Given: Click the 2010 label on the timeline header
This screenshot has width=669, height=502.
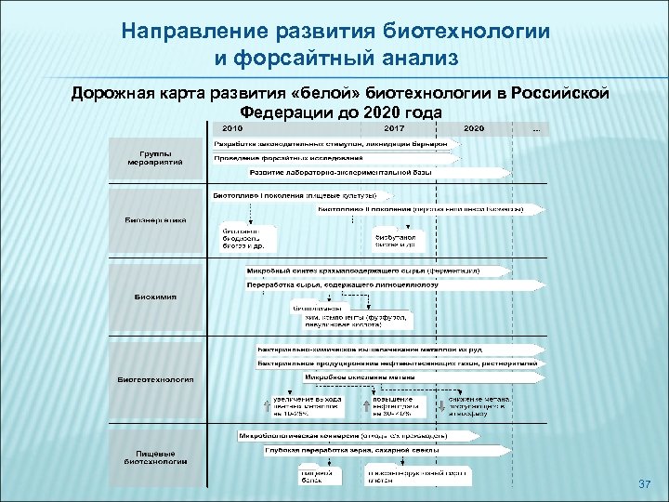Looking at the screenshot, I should pos(232,128).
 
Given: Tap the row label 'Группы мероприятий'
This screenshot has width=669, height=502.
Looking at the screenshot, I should pos(155,156).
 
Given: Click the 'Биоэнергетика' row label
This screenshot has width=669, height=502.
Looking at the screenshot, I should pos(155,220).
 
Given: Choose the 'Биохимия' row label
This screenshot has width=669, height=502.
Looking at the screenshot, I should pos(155,297).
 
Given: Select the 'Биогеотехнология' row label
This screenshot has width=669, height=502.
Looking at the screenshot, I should pos(155,378).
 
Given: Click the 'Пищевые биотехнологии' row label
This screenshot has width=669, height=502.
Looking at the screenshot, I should pos(155,456).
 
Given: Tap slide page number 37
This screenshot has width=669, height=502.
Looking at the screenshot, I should pos(645,485).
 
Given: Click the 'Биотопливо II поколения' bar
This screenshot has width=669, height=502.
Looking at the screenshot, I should pos(418,210).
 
